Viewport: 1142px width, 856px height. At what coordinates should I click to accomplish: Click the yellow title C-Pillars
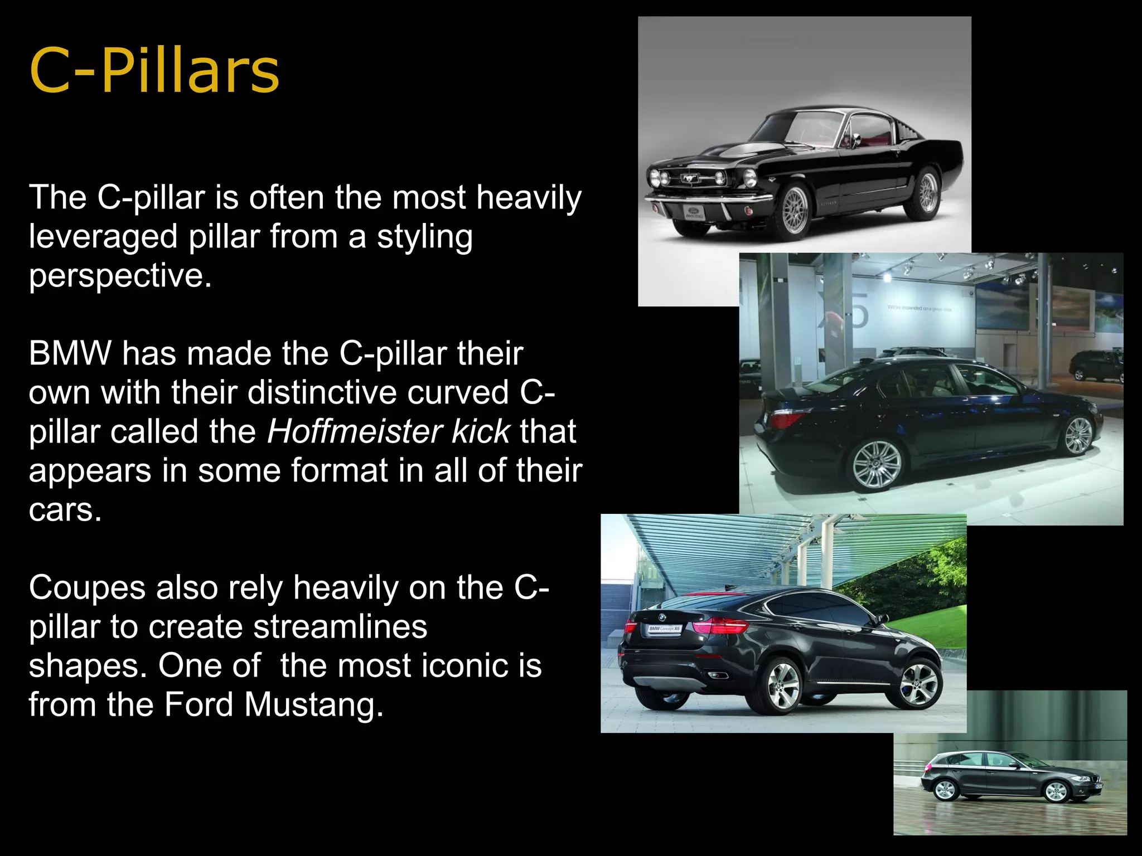click(x=154, y=71)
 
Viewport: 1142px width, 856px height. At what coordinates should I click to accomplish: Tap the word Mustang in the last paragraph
click(x=313, y=704)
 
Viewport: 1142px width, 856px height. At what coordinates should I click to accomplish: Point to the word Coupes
click(x=86, y=587)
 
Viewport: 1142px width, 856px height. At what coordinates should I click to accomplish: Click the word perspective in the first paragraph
click(x=120, y=275)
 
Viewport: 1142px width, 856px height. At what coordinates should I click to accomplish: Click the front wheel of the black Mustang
click(x=795, y=211)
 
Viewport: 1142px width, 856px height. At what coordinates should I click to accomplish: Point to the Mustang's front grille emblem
click(x=690, y=179)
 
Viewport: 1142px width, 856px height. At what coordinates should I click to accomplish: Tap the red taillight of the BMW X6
click(x=719, y=626)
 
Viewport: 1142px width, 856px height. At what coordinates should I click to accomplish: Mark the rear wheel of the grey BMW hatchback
click(x=945, y=790)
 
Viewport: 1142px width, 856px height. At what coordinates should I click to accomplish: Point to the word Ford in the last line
click(x=198, y=704)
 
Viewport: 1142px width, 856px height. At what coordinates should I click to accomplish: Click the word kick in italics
click(x=481, y=431)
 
